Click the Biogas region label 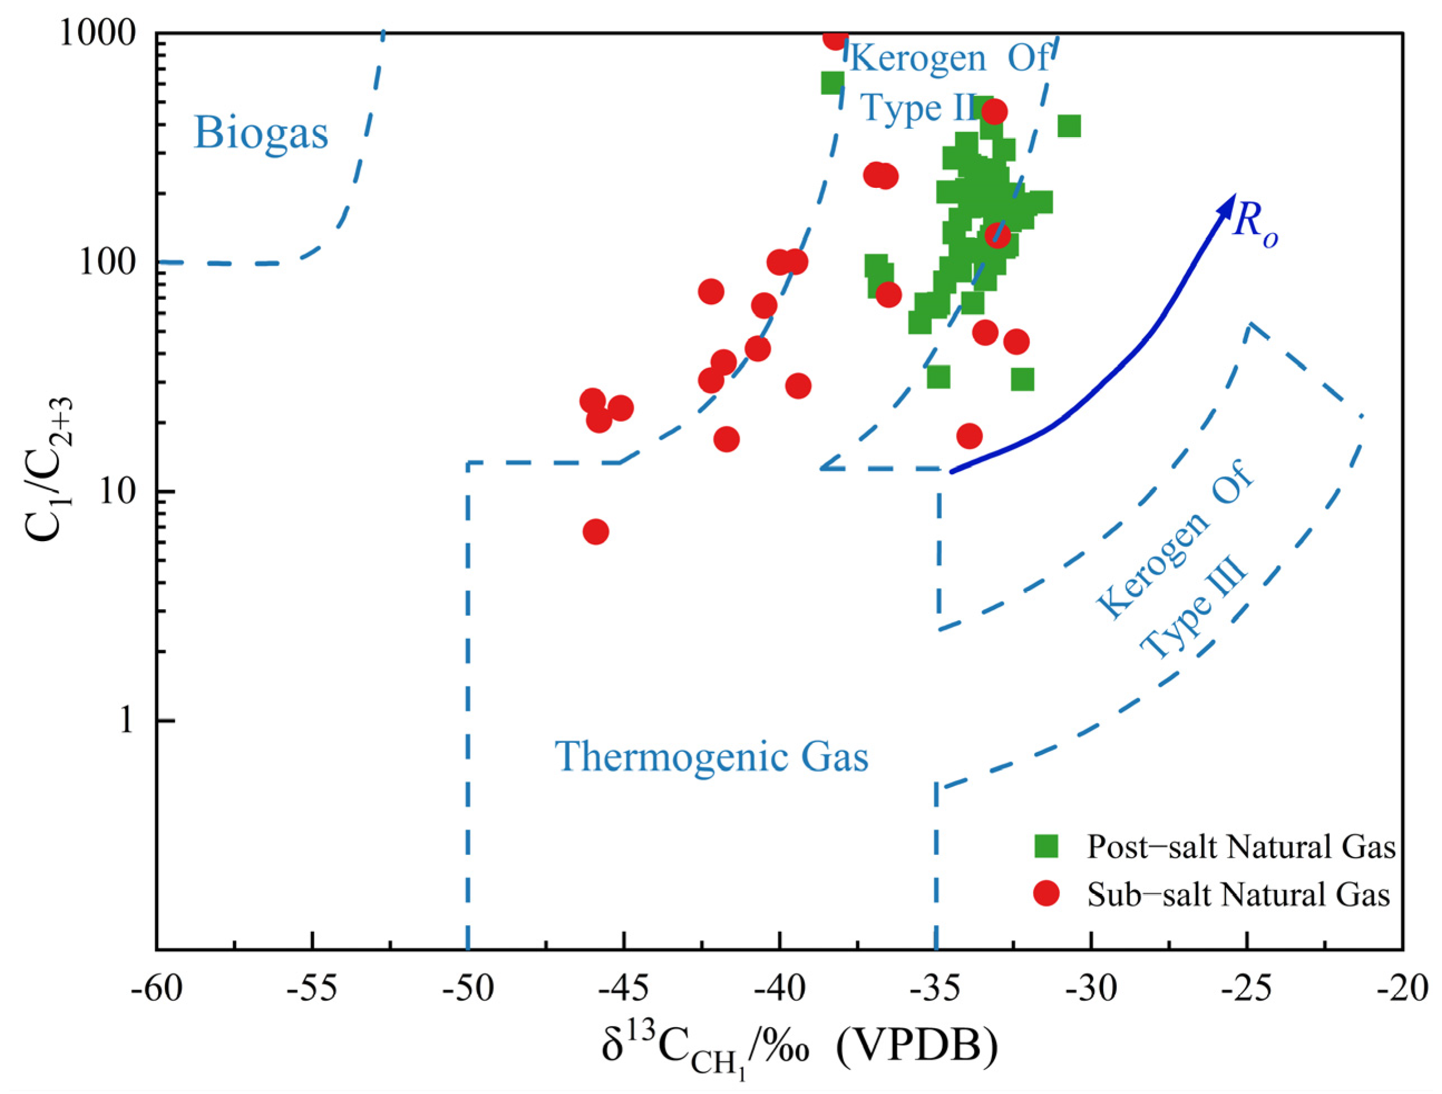[x=261, y=133]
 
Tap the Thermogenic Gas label [x=711, y=757]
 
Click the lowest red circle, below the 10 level [x=595, y=532]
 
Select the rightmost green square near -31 [x=1069, y=126]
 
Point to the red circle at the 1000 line [x=835, y=38]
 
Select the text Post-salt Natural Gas [x=1240, y=847]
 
